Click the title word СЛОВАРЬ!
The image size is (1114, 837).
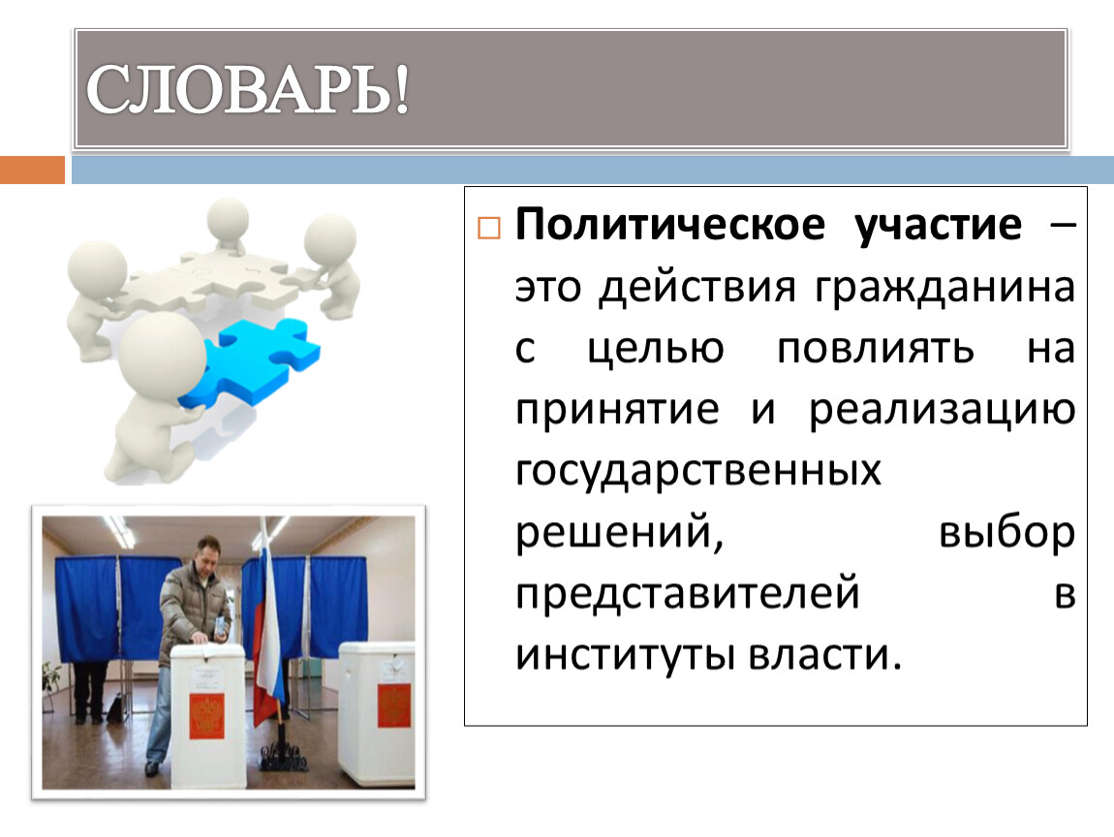[248, 89]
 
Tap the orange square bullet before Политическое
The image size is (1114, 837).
[489, 228]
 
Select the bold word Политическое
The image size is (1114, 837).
[670, 226]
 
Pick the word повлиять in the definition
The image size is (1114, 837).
[876, 349]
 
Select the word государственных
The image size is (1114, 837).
[697, 472]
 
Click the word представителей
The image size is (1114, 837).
[687, 594]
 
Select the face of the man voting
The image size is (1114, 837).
[207, 556]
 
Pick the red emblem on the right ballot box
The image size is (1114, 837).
[394, 705]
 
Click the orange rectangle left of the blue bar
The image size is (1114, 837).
[33, 170]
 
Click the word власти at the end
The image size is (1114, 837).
[824, 655]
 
